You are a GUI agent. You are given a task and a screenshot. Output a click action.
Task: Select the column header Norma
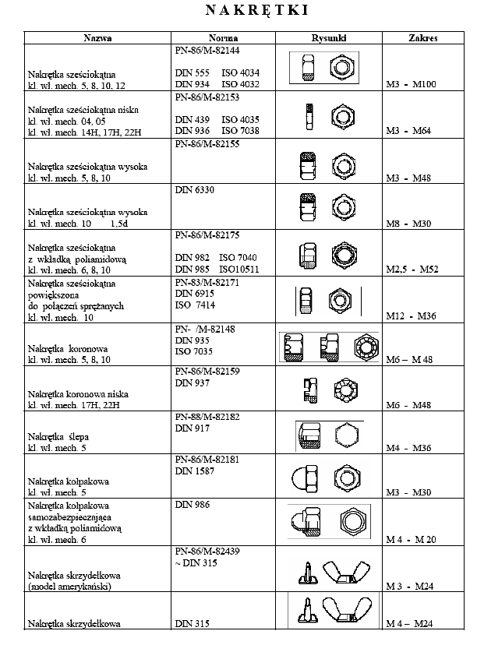click(223, 37)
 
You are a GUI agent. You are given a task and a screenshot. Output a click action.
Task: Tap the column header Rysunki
click(328, 37)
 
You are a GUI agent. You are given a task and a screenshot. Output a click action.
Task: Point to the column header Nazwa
click(98, 37)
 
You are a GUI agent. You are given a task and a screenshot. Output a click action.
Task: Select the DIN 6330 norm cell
click(195, 188)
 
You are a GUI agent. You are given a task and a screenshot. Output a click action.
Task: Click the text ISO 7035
click(193, 351)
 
